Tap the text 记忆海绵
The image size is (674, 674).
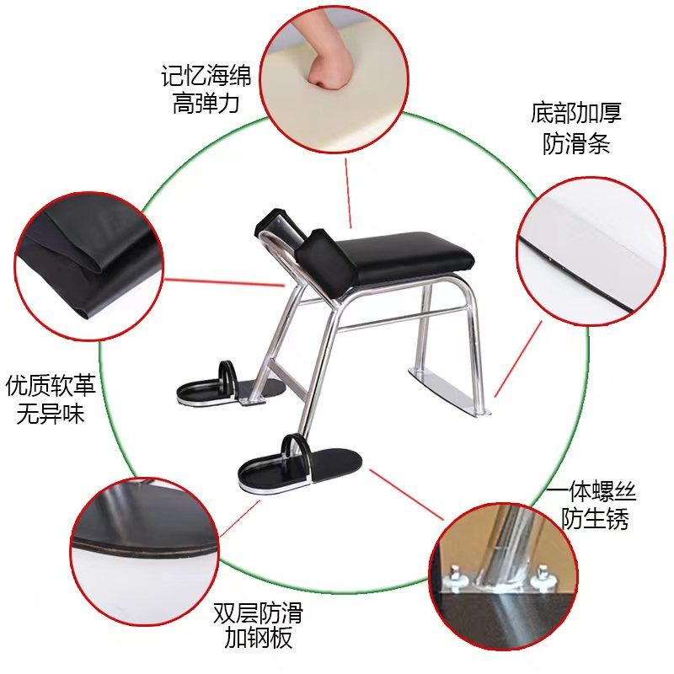206,76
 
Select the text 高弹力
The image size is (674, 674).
206,104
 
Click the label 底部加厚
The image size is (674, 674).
576,113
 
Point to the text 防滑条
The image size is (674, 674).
576,142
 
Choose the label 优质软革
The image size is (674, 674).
51,385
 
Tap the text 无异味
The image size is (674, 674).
51,413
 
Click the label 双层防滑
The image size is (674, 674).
259,613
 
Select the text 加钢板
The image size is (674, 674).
259,638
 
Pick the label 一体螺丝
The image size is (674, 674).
591,491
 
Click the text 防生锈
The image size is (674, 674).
595,519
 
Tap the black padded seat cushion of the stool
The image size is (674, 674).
404,253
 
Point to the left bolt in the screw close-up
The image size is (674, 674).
455,575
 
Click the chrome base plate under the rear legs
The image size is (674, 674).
447,388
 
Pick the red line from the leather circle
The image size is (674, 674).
224,282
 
